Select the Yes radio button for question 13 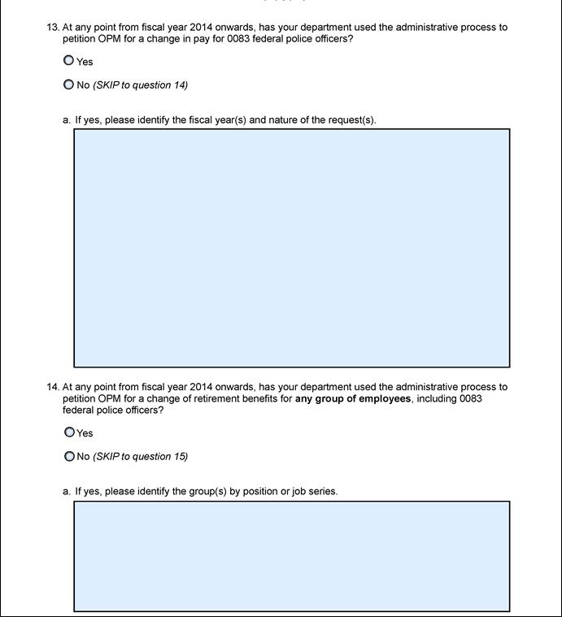(68, 60)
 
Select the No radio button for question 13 (68, 85)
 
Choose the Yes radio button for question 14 (69, 432)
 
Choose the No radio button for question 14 (69, 456)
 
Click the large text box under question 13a (291, 247)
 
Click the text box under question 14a (291, 555)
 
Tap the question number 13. (53, 27)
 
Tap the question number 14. (53, 387)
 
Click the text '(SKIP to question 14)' (141, 85)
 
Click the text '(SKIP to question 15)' (141, 457)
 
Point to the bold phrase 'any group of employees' (353, 399)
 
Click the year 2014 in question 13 (201, 27)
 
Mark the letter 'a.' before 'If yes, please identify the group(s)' (67, 492)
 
